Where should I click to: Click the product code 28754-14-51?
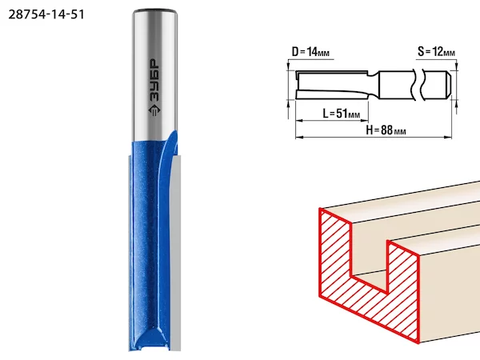pyautogui.click(x=46, y=14)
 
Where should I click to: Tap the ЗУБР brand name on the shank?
pyautogui.click(x=154, y=81)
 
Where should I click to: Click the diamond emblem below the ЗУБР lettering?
pyautogui.click(x=154, y=110)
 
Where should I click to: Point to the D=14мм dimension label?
pyautogui.click(x=310, y=52)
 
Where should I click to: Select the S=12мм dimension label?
pyautogui.click(x=437, y=52)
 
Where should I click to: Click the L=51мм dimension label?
pyautogui.click(x=342, y=114)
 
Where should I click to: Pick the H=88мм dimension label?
pyautogui.click(x=386, y=130)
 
